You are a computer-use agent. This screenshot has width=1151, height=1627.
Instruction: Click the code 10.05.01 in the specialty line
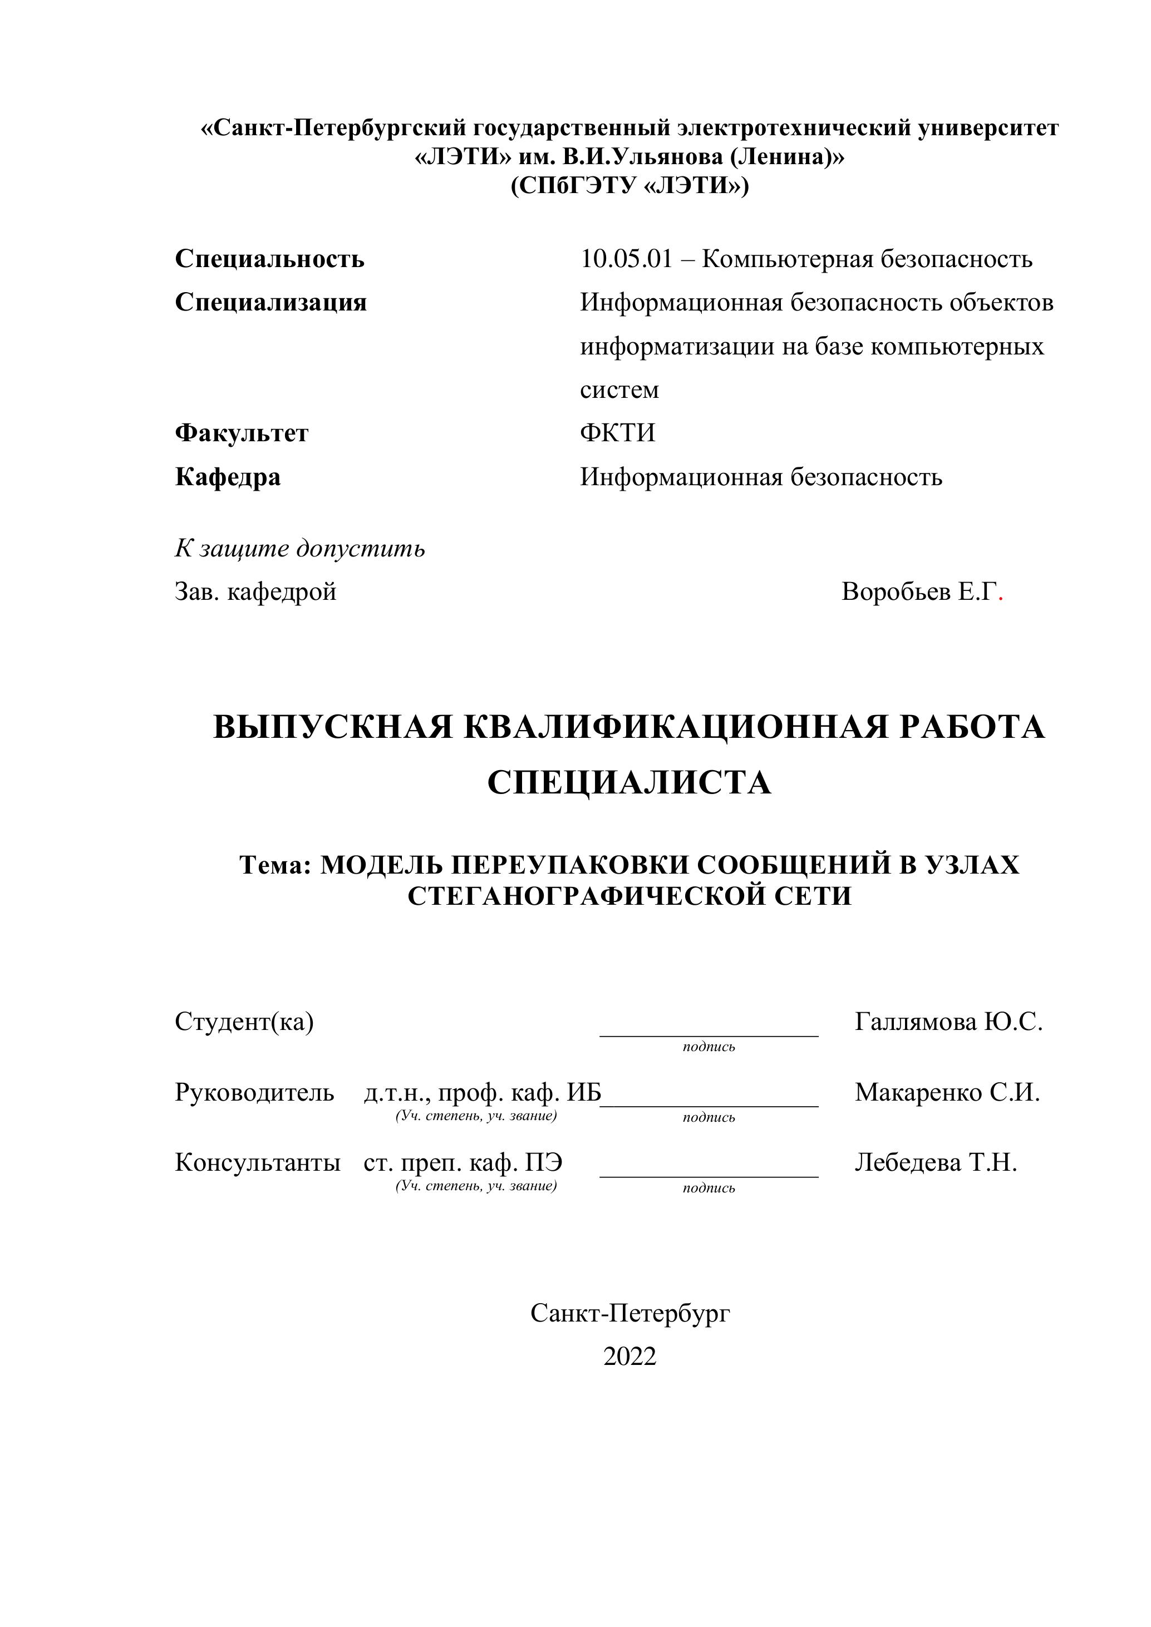point(626,259)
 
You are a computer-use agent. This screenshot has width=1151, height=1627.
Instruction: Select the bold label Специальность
point(269,259)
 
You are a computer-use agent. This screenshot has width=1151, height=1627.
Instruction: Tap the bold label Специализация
point(270,303)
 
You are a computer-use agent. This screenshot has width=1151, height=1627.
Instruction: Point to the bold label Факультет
point(242,433)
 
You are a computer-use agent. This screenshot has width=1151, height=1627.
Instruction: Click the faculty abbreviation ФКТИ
point(617,433)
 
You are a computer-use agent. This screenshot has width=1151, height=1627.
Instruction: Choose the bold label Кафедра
point(228,477)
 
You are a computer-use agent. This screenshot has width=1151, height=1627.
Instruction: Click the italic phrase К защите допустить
point(300,549)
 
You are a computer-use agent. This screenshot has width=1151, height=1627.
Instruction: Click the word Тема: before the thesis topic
point(276,865)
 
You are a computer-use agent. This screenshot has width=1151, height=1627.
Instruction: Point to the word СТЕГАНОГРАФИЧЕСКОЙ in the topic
point(583,896)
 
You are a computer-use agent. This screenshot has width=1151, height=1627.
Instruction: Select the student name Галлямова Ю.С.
point(948,1022)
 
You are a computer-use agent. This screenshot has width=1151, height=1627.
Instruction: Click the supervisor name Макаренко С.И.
point(947,1093)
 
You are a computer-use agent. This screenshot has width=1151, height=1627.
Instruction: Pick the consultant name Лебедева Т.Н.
point(936,1163)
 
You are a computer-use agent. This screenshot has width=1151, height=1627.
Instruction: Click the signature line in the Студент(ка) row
point(709,1036)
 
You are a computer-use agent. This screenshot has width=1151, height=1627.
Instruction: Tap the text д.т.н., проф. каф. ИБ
point(482,1093)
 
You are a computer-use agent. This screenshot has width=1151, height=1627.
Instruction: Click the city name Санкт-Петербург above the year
point(629,1313)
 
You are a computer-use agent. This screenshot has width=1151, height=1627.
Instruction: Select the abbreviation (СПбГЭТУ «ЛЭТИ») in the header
point(629,186)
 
